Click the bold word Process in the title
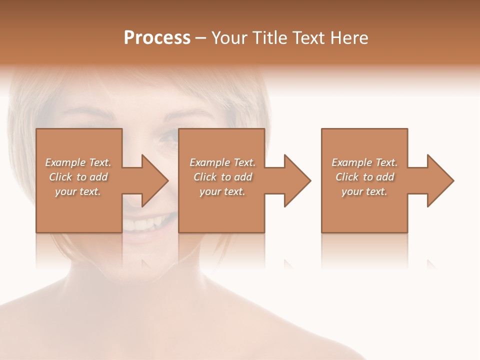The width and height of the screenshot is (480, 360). click(157, 38)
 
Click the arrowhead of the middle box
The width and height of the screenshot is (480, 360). click(297, 180)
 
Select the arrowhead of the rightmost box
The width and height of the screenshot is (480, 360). click(440, 180)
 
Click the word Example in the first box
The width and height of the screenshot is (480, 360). click(64, 162)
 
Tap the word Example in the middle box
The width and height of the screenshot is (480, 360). click(209, 162)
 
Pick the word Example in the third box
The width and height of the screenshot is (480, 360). click(351, 162)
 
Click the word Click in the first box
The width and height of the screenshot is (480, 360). click(60, 177)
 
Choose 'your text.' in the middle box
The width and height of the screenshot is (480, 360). click(221, 191)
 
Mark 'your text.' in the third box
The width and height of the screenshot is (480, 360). click(364, 191)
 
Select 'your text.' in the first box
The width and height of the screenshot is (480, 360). click(77, 191)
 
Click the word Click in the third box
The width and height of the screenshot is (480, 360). click(347, 177)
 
